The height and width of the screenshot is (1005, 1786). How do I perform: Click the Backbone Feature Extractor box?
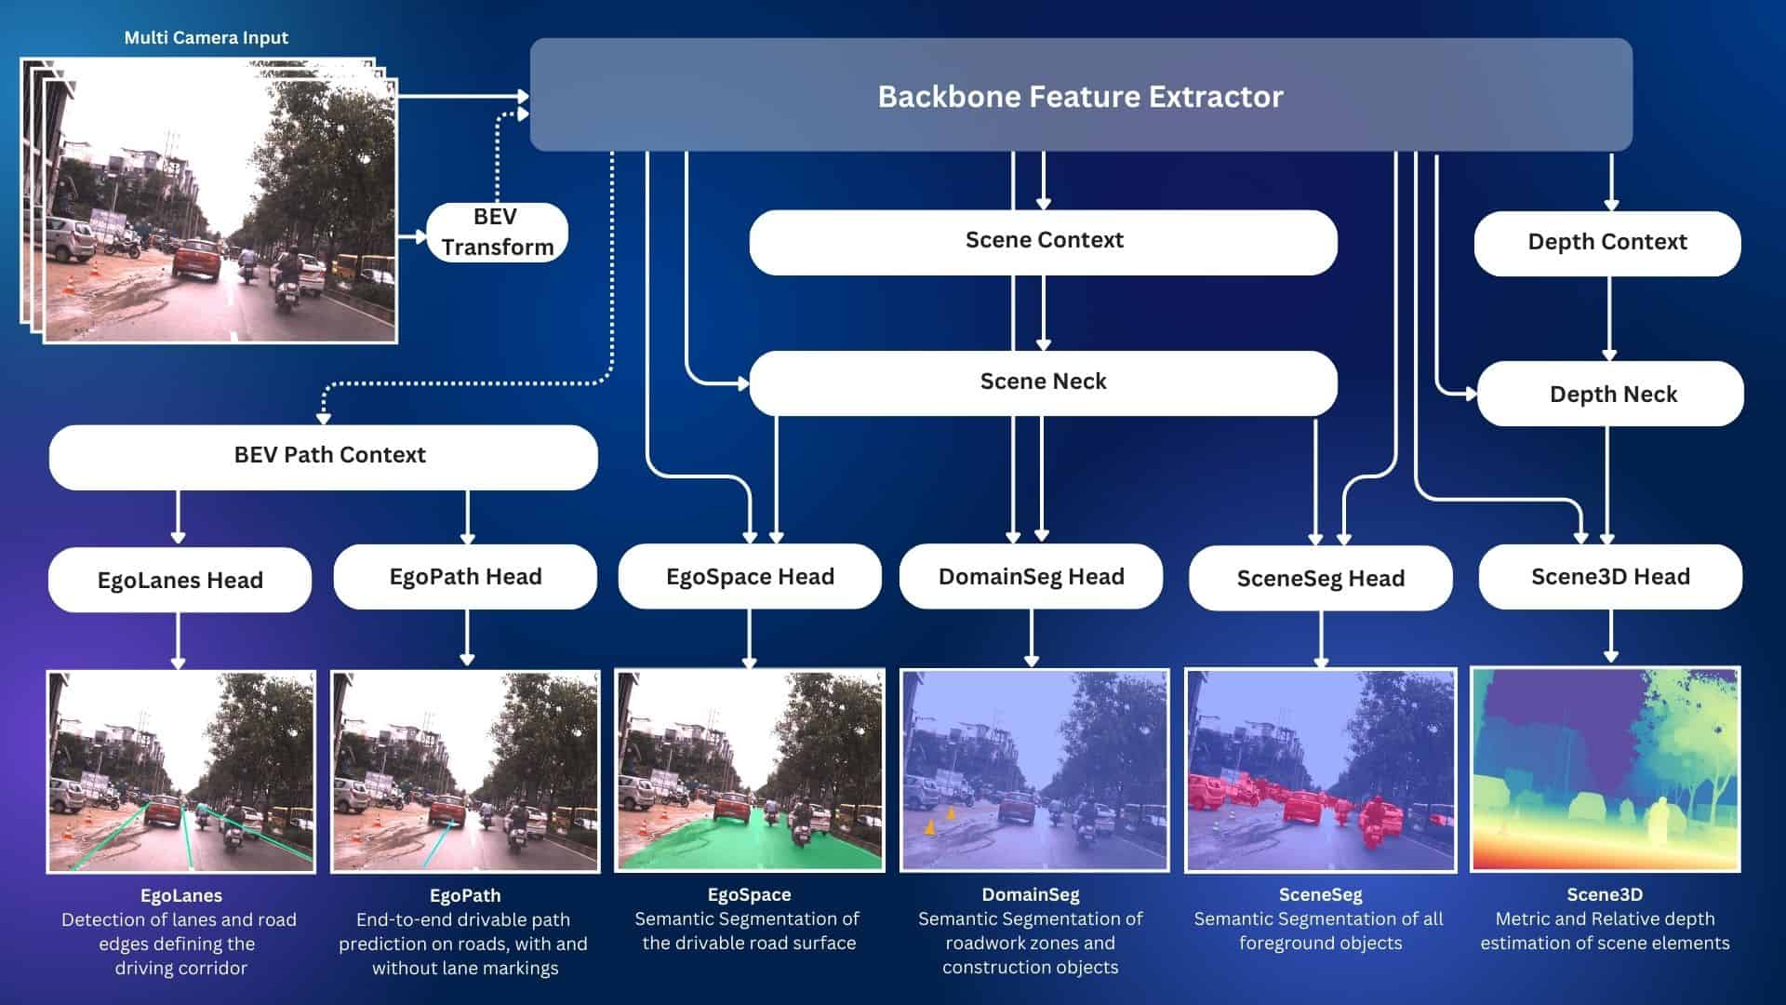click(x=1080, y=96)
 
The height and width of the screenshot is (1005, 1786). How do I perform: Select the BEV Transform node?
click(x=497, y=232)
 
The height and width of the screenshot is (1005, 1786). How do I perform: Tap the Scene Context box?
click(x=1043, y=241)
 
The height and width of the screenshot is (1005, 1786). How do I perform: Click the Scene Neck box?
click(x=1043, y=382)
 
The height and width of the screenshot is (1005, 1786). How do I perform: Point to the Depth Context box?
click(x=1606, y=243)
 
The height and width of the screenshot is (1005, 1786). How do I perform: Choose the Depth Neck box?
click(x=1612, y=395)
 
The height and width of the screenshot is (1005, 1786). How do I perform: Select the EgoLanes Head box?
click(x=180, y=580)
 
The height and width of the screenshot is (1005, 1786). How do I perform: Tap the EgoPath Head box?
click(x=465, y=577)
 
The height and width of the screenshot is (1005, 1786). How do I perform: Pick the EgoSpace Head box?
click(x=750, y=577)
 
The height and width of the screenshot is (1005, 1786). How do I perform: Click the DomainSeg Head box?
click(x=1031, y=577)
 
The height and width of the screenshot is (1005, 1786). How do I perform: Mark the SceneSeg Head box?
click(x=1320, y=579)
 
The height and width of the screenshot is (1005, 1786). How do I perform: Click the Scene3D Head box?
click(x=1610, y=577)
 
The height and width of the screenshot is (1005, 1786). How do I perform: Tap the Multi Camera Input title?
click(x=207, y=38)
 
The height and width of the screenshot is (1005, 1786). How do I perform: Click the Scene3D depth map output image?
click(x=1605, y=770)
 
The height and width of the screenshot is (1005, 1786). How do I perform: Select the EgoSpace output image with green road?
click(x=750, y=770)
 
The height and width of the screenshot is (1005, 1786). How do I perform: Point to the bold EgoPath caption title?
click(x=465, y=895)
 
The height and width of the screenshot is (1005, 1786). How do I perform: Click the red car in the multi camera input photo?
click(x=195, y=259)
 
